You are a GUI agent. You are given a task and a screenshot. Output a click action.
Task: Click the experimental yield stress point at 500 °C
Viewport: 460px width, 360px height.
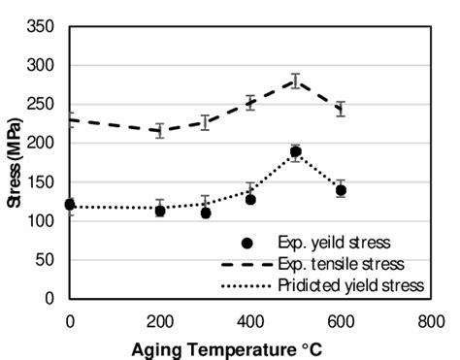(295, 151)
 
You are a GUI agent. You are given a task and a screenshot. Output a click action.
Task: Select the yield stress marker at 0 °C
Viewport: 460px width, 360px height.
(70, 205)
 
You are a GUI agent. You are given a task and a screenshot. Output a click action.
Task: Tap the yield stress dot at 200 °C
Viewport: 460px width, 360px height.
(160, 211)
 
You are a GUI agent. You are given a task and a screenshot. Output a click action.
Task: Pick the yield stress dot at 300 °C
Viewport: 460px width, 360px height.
(206, 213)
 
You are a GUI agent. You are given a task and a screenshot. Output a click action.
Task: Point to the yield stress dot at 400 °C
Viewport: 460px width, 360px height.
(250, 199)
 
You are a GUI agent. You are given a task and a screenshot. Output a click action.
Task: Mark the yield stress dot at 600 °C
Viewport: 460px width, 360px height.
(341, 190)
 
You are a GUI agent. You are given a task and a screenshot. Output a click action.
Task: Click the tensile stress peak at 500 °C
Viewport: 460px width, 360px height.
(295, 81)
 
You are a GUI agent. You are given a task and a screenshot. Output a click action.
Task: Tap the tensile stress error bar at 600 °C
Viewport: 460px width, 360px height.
(341, 109)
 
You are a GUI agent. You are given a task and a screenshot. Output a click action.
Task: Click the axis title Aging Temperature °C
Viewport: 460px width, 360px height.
(250, 344)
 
